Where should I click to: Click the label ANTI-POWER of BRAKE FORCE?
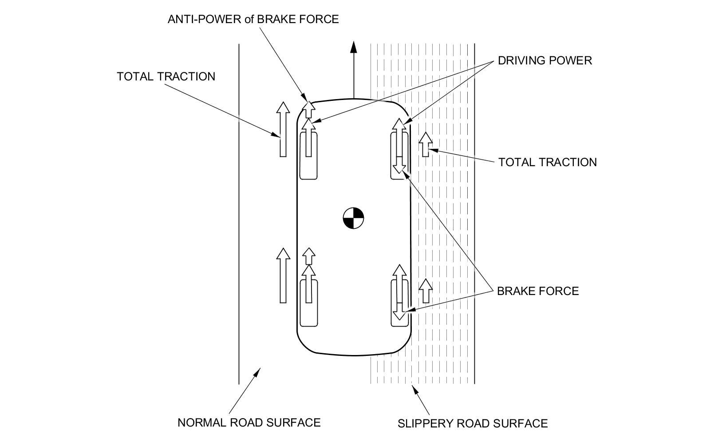[253, 19]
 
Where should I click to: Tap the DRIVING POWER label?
[544, 60]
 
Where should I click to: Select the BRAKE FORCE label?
[537, 291]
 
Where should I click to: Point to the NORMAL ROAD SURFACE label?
[249, 422]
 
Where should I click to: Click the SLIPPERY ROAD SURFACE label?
[472, 423]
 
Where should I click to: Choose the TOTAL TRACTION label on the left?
[166, 76]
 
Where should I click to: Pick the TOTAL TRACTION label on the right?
[547, 162]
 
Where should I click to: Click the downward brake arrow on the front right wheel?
[399, 165]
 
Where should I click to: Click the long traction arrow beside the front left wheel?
[283, 129]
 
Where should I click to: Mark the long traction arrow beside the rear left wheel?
[283, 275]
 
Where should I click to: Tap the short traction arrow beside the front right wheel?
[425, 144]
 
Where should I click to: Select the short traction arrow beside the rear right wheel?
[426, 291]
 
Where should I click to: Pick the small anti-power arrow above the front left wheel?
[309, 108]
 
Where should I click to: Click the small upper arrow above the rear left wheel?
[309, 256]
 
